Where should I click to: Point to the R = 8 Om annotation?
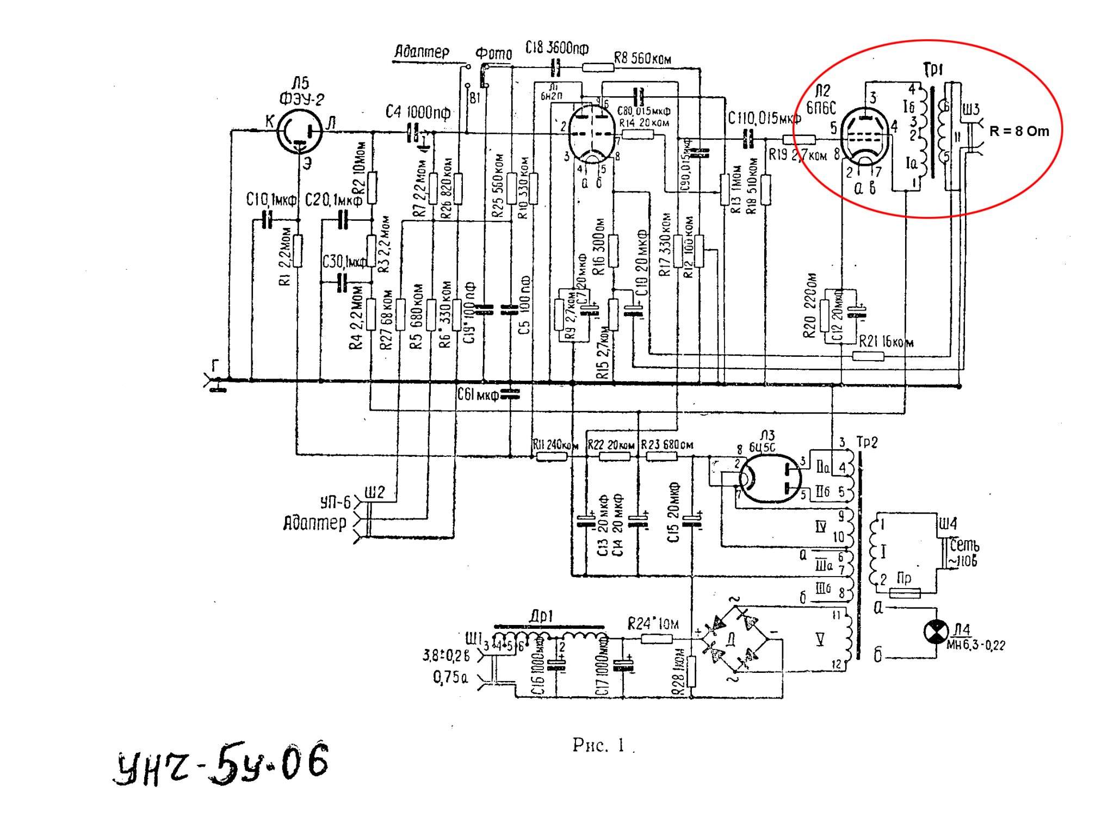pos(1019,131)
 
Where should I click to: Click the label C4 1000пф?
pos(418,113)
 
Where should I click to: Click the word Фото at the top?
pos(494,54)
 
